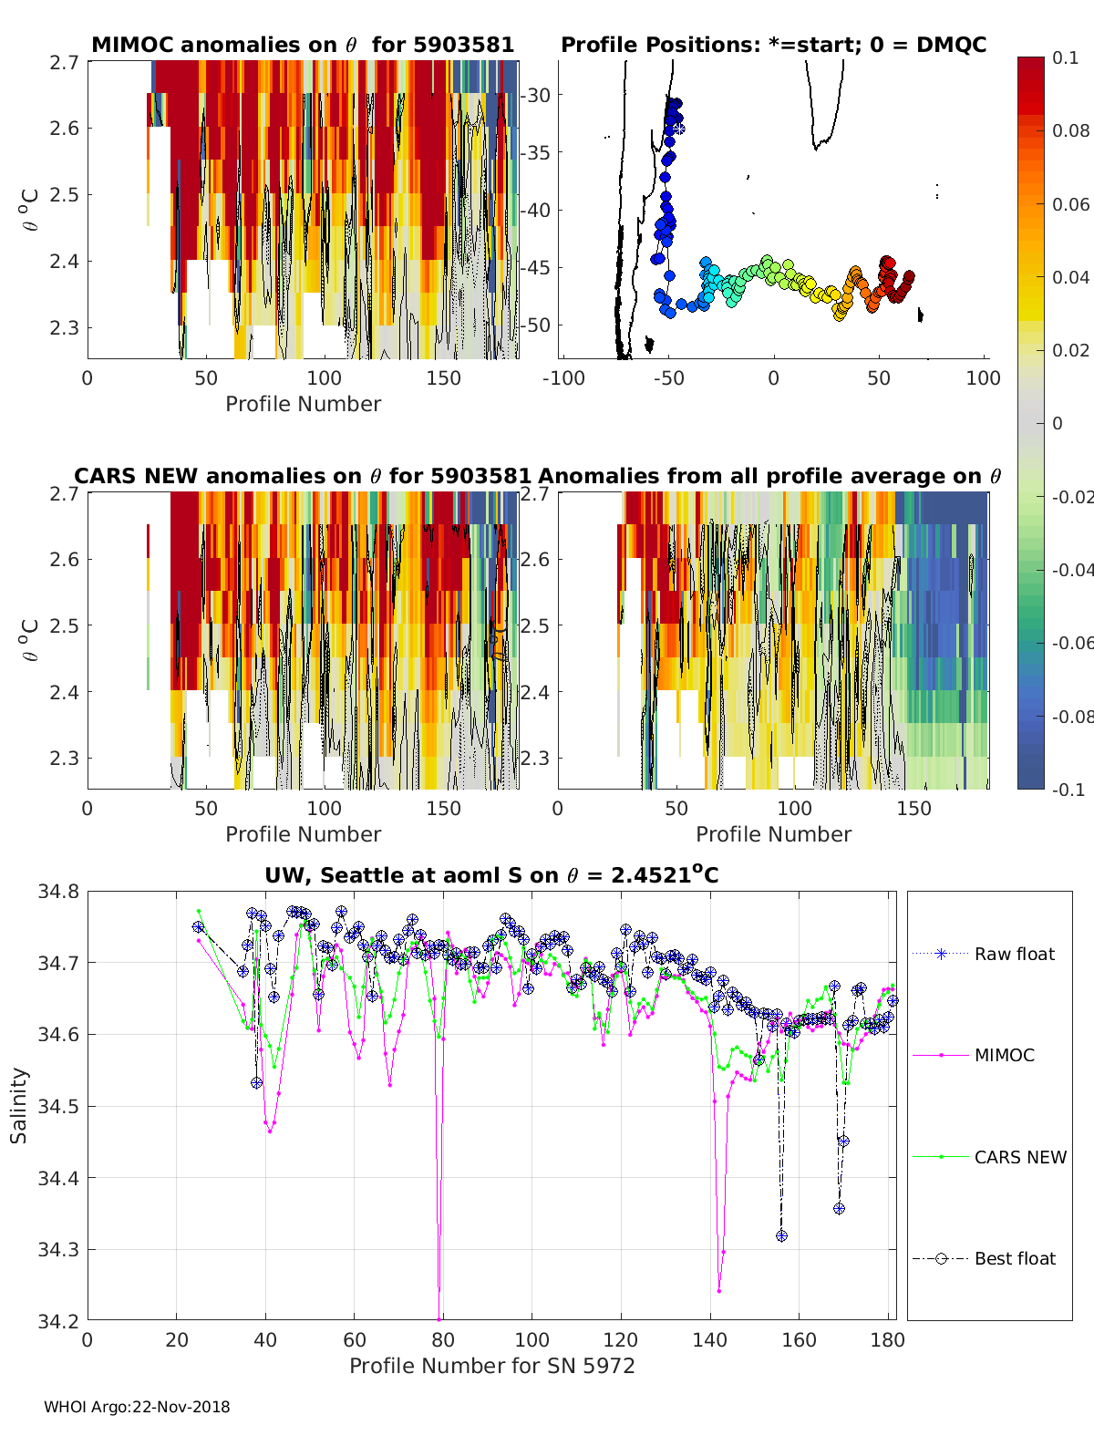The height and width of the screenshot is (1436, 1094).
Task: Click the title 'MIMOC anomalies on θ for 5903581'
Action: [x=303, y=45]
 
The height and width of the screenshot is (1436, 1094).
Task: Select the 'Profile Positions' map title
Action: [x=773, y=45]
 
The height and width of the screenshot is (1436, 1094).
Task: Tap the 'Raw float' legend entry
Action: [x=1014, y=954]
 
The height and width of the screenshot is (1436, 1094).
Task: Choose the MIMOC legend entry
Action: [x=1004, y=1055]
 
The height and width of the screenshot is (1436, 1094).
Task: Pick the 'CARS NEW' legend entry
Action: [x=1019, y=1157]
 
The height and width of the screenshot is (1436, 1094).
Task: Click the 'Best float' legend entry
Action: [x=1014, y=1258]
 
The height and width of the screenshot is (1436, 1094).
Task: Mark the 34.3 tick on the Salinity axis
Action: [x=58, y=1249]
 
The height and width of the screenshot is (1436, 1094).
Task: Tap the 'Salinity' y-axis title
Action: [x=19, y=1105]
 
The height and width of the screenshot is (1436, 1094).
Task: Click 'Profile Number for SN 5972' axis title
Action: [x=491, y=1365]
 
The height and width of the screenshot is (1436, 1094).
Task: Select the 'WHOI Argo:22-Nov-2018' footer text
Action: [x=137, y=1407]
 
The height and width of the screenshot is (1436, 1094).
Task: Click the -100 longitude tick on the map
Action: [x=564, y=378]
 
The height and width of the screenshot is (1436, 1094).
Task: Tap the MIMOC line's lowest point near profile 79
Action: [x=439, y=1318]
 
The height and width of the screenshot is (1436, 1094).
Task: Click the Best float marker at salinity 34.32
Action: [x=781, y=1235]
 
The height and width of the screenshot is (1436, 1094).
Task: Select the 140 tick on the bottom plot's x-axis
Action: [x=710, y=1339]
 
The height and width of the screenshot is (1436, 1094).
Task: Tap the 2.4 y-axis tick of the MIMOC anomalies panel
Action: [x=65, y=262]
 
